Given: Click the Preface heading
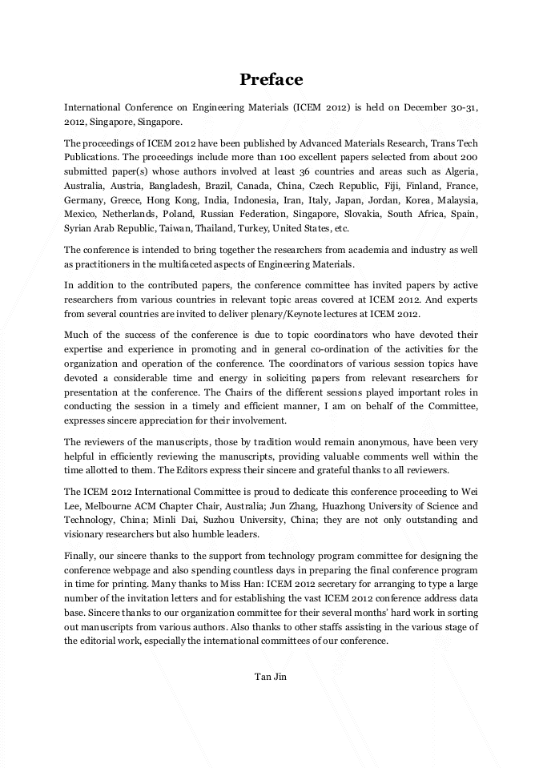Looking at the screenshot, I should (271, 79).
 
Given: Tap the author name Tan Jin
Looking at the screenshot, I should (271, 677).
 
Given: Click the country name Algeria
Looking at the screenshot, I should (457, 171).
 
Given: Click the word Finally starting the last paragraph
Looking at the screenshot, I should (82, 555).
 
